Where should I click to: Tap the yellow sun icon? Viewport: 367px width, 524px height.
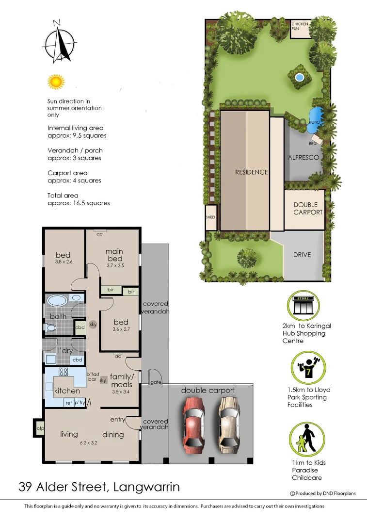click(56, 81)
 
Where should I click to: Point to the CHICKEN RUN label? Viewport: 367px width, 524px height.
click(300, 26)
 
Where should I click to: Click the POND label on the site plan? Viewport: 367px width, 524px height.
click(315, 122)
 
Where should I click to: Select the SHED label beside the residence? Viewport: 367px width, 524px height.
click(210, 217)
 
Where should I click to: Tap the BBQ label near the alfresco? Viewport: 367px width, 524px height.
click(313, 143)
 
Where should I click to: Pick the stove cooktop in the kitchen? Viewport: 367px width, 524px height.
click(64, 372)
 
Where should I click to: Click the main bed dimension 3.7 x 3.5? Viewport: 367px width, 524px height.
click(114, 266)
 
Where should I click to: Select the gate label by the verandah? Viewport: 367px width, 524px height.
click(155, 383)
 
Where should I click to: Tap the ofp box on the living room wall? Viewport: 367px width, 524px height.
click(40, 428)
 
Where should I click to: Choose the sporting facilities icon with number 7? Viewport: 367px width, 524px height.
click(304, 368)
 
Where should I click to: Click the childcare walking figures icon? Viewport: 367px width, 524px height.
click(304, 438)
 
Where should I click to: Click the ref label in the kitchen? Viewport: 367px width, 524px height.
click(68, 403)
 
